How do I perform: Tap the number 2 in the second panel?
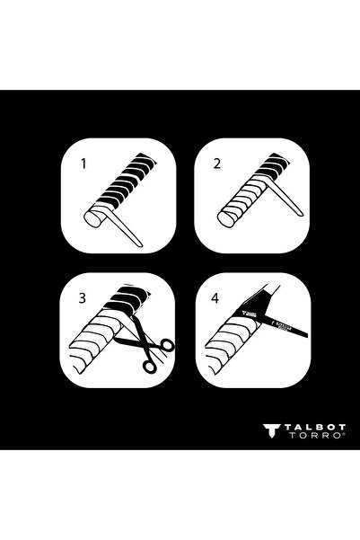pos(216,165)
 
